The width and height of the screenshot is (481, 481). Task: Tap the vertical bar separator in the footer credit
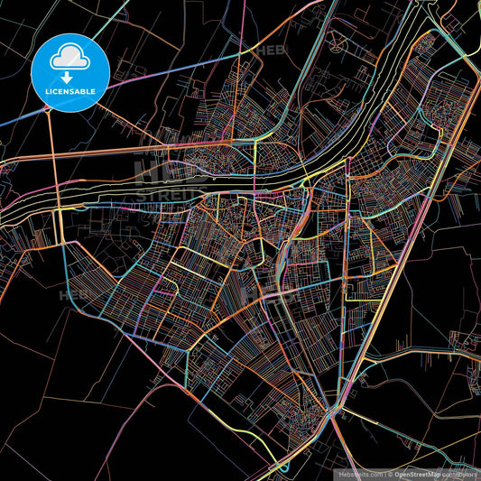(x=384, y=474)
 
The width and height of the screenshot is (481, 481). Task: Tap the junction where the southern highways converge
(x=334, y=413)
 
